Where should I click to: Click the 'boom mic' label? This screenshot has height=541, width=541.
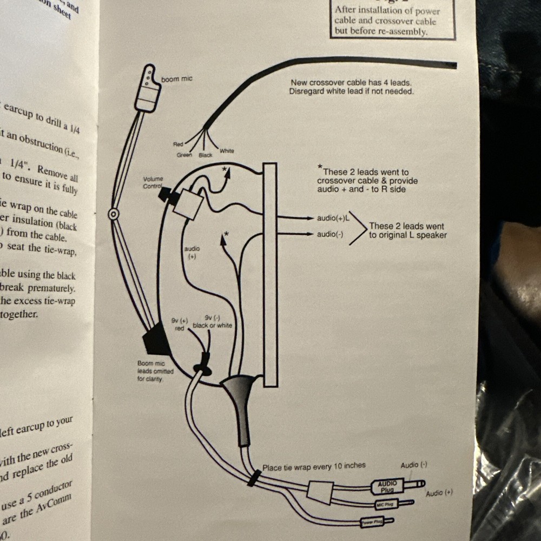pos(176,80)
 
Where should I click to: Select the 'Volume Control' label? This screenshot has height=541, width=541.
pos(153,182)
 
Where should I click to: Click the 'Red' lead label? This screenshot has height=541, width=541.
pos(178,144)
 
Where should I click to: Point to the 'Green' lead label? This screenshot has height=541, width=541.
pos(184,155)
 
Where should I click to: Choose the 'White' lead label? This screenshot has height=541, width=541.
pos(227,151)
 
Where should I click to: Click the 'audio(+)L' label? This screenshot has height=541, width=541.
pos(332,218)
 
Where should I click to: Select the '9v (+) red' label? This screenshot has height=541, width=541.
pos(179,324)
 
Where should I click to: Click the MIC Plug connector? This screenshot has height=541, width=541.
pos(387,505)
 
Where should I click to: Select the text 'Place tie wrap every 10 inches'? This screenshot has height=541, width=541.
pos(314,466)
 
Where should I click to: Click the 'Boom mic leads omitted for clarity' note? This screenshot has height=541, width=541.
pos(155,372)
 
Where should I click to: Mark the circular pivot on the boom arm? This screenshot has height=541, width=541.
pos(114,214)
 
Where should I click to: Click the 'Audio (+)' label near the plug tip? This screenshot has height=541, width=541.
pos(439,493)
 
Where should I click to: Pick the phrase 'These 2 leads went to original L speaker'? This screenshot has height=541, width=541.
pos(407,230)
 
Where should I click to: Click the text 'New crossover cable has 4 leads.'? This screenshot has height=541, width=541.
pos(351,83)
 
